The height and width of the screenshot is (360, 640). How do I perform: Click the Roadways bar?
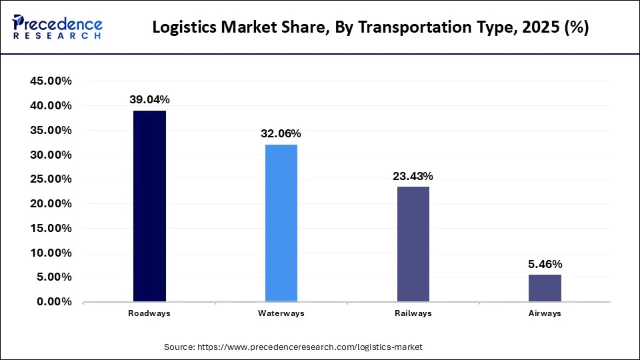[149, 206]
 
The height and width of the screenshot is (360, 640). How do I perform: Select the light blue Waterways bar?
[281, 223]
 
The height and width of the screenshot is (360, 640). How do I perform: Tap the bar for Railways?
[413, 244]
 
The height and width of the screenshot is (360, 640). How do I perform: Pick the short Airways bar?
[545, 288]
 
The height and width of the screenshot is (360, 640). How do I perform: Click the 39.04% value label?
[149, 100]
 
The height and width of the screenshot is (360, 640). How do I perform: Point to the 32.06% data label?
[281, 133]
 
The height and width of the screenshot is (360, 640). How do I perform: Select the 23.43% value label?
[413, 177]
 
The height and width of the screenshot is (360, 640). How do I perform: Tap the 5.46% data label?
[545, 265]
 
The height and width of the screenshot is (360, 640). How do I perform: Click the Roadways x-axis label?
[149, 313]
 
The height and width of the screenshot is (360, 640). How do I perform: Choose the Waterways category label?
[281, 313]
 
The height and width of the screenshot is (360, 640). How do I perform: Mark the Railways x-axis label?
[413, 313]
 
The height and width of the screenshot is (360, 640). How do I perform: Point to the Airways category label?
[545, 313]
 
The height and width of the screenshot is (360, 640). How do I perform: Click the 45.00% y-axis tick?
[51, 81]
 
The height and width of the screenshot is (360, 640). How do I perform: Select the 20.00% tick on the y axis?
[51, 204]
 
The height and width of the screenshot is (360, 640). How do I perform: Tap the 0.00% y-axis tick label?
[53, 302]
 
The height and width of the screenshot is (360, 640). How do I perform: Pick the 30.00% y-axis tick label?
[51, 155]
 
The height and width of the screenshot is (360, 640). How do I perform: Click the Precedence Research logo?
[57, 27]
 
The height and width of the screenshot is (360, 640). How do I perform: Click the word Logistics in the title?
[183, 28]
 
